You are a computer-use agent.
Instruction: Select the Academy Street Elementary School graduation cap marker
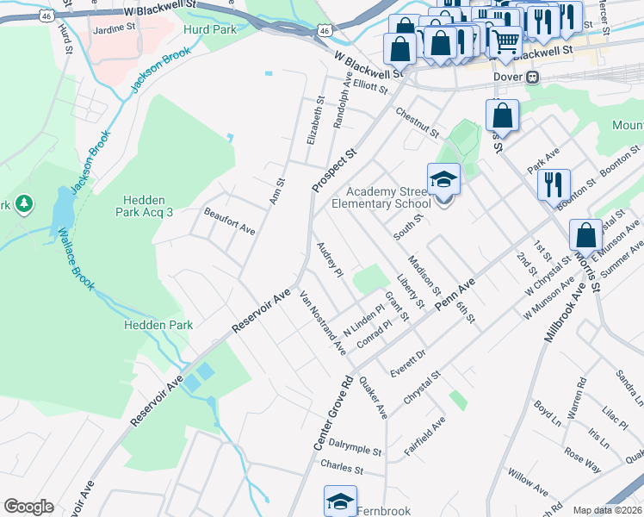(x=444, y=180)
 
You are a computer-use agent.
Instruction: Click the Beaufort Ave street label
(x=229, y=220)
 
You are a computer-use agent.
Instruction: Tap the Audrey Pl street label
(x=331, y=259)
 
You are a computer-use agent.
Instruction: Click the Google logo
(x=28, y=507)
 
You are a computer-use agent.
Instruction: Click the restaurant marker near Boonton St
(x=553, y=184)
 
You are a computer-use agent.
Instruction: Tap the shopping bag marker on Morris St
(x=585, y=235)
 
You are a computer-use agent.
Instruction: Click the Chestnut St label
(x=418, y=123)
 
